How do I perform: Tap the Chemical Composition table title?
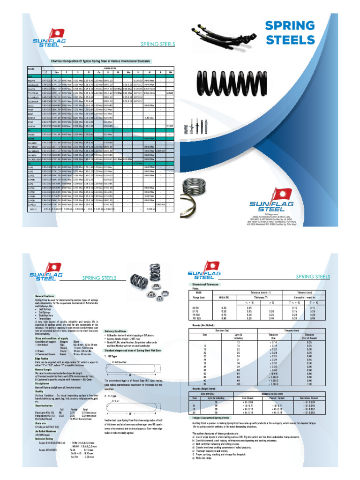tap(104, 61)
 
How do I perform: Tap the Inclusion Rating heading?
tap(44, 438)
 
